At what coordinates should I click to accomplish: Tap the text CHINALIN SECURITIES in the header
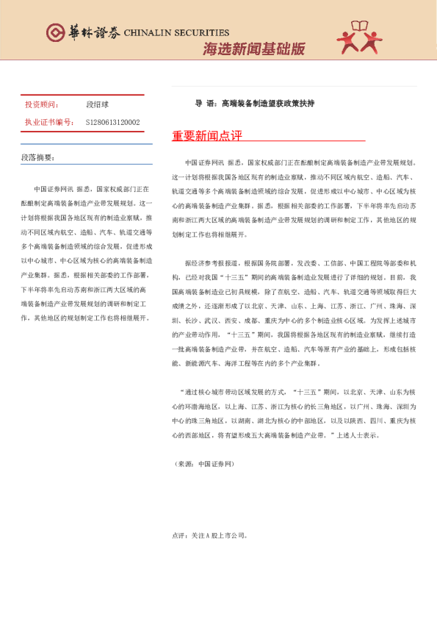point(176,33)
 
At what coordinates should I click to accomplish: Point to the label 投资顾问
point(40,105)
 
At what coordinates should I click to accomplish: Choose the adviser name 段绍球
point(97,105)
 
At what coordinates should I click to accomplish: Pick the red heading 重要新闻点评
point(206,136)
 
